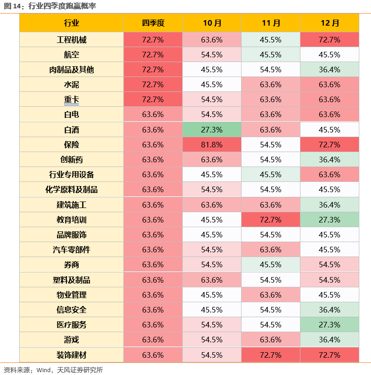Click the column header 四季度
[153, 23]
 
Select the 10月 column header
[212, 23]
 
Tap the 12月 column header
[329, 23]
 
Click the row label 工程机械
[71, 40]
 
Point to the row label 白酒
[71, 130]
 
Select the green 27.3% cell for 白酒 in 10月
[212, 130]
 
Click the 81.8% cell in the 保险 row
[212, 145]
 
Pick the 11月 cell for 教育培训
[271, 220]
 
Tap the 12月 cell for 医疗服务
[329, 325]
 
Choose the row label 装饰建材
[71, 355]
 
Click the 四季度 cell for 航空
[153, 55]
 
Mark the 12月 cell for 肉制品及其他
[329, 69]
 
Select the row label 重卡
[71, 99]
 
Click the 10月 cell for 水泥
[212, 84]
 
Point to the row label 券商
[71, 264]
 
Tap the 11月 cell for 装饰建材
[271, 355]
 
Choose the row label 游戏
[71, 340]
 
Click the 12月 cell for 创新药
[329, 160]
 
